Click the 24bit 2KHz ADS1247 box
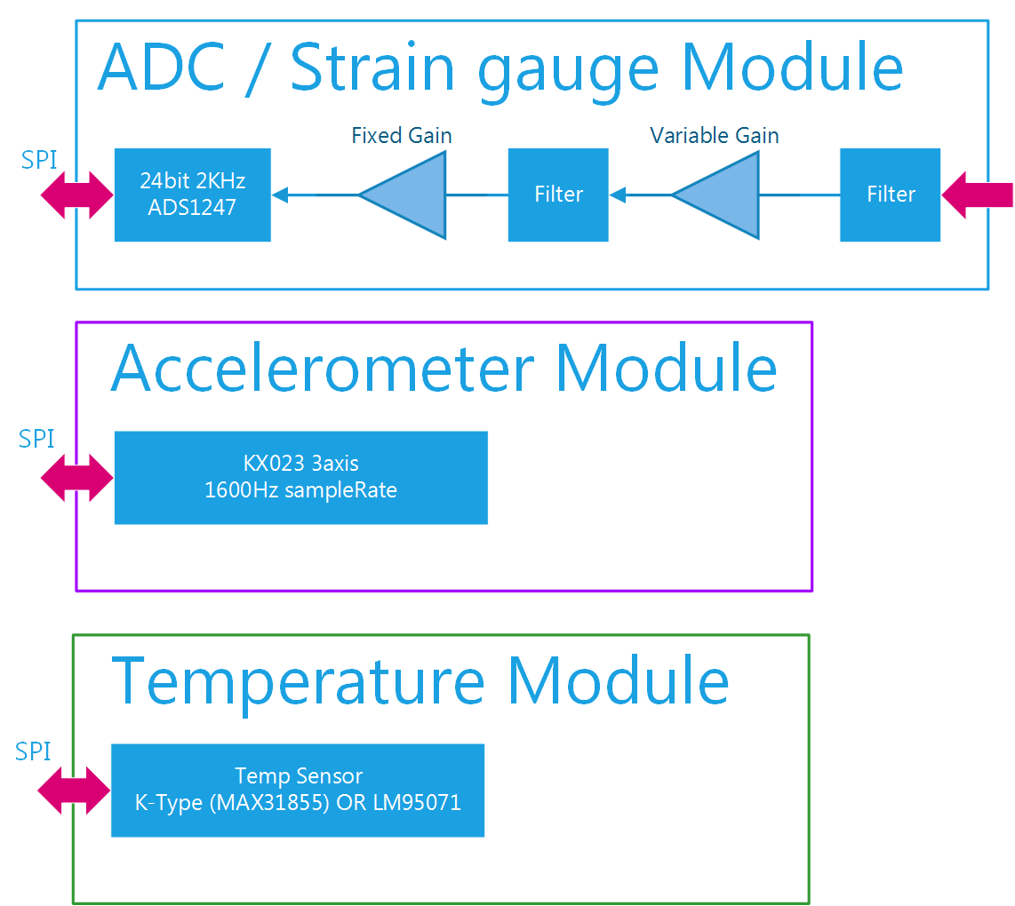pyautogui.click(x=193, y=195)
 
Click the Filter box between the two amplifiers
pyautogui.click(x=558, y=195)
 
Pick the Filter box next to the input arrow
pyautogui.click(x=890, y=195)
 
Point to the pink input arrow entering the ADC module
pyautogui.click(x=977, y=195)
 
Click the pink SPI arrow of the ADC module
pyautogui.click(x=77, y=195)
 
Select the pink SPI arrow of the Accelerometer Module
pyautogui.click(x=77, y=478)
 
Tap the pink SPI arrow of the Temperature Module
pyautogui.click(x=74, y=790)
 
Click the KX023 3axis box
pyautogui.click(x=301, y=477)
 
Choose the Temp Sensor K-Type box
pyautogui.click(x=298, y=790)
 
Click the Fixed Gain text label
pyautogui.click(x=402, y=136)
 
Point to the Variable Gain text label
pyautogui.click(x=715, y=136)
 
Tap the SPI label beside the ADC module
pyautogui.click(x=39, y=161)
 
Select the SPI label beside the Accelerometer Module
pyautogui.click(x=36, y=439)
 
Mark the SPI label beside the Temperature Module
pyautogui.click(x=34, y=751)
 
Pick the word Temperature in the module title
pyautogui.click(x=298, y=680)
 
